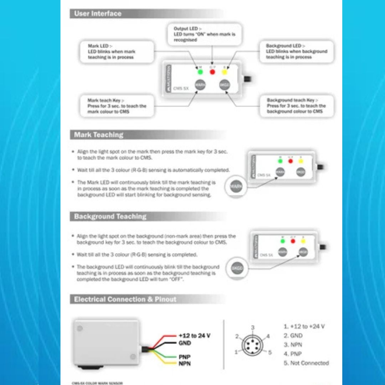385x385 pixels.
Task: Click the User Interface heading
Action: (x=98, y=14)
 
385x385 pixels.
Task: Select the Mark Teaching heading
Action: (x=99, y=135)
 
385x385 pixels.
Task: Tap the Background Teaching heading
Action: (x=110, y=216)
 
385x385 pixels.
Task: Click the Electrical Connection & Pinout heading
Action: (x=125, y=299)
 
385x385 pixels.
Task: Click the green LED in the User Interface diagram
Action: (x=200, y=72)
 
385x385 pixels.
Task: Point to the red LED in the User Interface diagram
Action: (x=212, y=72)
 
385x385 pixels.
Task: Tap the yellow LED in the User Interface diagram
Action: (x=225, y=72)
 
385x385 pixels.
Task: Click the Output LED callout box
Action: (x=205, y=34)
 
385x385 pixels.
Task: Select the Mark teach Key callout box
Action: (x=117, y=106)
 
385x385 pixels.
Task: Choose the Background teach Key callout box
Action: (x=296, y=106)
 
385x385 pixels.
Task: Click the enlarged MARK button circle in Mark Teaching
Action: (x=236, y=186)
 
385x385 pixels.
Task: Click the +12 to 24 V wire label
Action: (x=194, y=336)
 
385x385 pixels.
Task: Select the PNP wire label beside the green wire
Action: (x=185, y=357)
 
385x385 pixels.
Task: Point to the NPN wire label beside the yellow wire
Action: (x=185, y=364)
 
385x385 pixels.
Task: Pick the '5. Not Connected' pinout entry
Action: (x=306, y=363)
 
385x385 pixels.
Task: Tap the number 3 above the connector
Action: (x=253, y=327)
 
